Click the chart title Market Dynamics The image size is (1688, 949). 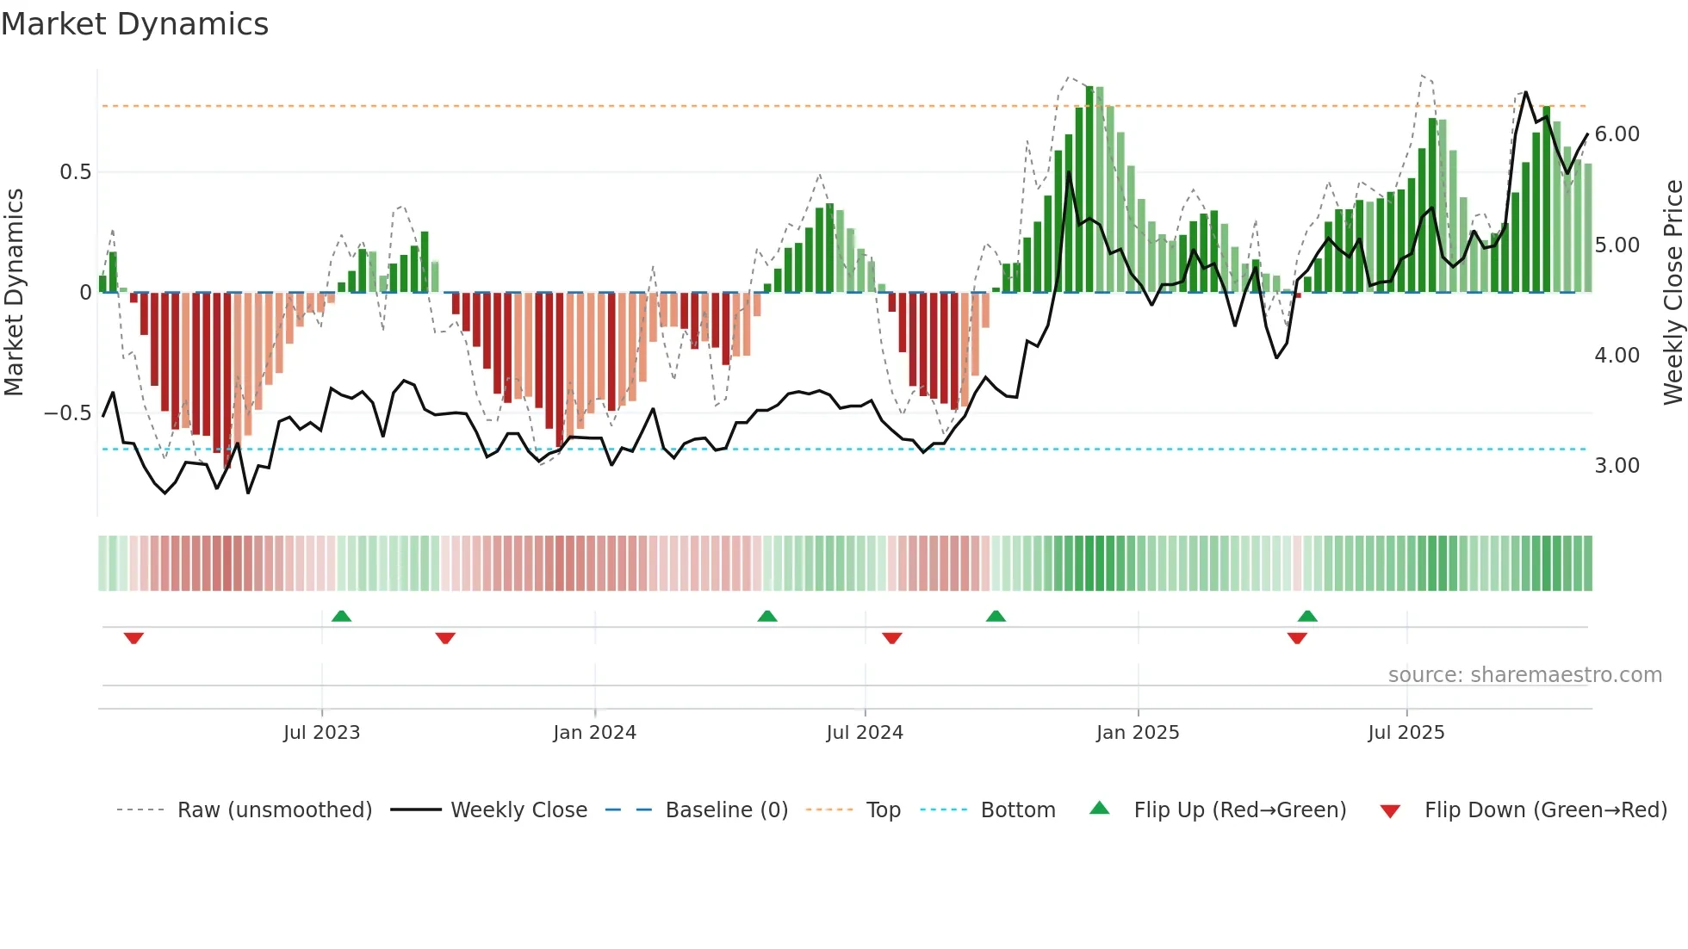[134, 24]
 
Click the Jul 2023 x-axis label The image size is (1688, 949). [321, 733]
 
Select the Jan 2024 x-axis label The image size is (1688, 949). [594, 733]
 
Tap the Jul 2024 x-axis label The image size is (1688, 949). [865, 733]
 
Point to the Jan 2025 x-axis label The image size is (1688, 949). [1138, 733]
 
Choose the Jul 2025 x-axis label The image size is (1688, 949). [1406, 733]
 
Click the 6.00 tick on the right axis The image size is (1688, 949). [1617, 134]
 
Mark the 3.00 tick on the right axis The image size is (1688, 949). [1617, 466]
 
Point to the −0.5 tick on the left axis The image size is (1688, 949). [68, 413]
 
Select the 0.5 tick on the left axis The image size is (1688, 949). [75, 172]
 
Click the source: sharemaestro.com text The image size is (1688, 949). [1524, 675]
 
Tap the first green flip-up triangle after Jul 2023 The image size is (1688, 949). [341, 616]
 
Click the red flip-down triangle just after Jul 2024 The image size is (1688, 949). [892, 638]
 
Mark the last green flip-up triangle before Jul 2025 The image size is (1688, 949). [1307, 616]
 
